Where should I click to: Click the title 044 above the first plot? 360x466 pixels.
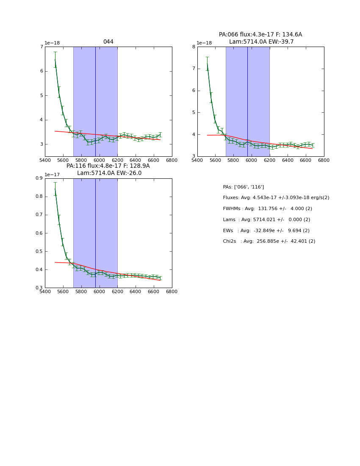click(108, 42)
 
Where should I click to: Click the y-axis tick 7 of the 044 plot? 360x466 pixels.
click(42, 47)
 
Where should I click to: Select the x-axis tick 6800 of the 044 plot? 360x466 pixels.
click(172, 160)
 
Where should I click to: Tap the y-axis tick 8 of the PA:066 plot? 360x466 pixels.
click(194, 47)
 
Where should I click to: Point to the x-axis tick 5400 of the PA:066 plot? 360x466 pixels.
click(197, 160)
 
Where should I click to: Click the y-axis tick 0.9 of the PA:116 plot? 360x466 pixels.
click(39, 178)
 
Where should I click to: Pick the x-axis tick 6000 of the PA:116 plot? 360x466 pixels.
click(100, 291)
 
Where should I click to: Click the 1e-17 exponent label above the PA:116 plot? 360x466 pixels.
click(53, 175)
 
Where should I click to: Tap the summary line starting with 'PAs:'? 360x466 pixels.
click(243, 187)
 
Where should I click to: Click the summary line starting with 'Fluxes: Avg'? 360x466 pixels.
click(276, 198)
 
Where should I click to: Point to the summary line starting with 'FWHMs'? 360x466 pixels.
click(267, 209)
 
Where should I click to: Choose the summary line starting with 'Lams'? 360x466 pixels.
click(266, 220)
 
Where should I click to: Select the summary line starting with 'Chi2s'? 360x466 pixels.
click(269, 241)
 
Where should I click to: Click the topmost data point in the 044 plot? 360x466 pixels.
click(55, 60)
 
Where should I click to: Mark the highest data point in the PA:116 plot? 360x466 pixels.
click(55, 189)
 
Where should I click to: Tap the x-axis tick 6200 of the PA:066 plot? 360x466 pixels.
click(270, 160)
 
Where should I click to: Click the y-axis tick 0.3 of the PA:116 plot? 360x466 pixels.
click(39, 288)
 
